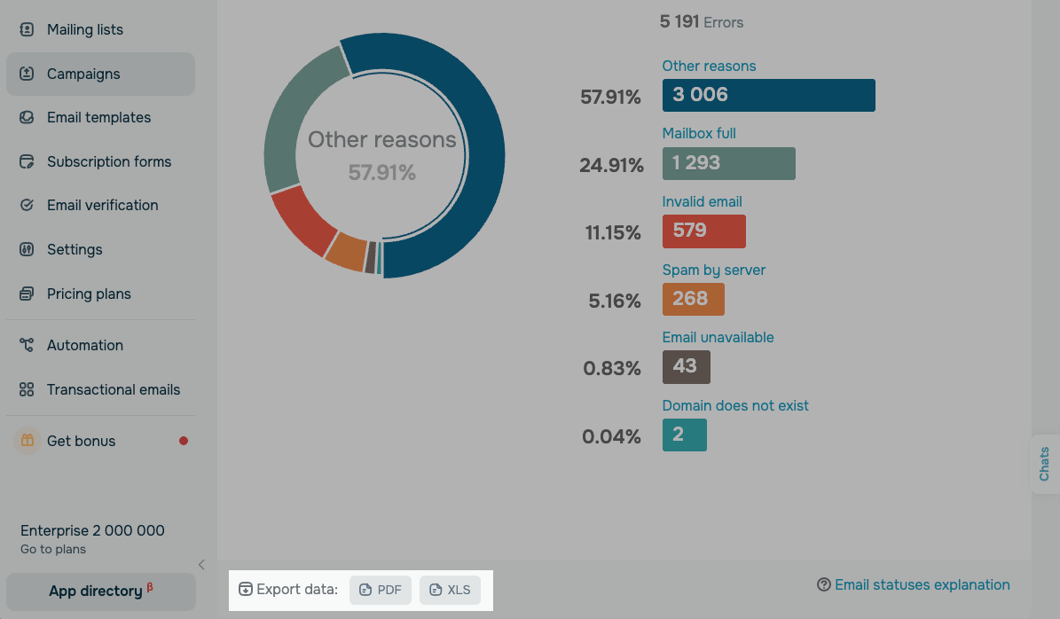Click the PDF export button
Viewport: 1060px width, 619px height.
point(381,590)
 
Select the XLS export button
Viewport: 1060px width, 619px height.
point(450,590)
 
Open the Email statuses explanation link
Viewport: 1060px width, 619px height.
point(914,584)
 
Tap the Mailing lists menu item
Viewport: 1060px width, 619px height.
point(84,29)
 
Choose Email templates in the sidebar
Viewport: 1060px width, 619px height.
point(98,117)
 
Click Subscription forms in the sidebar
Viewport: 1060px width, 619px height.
point(108,161)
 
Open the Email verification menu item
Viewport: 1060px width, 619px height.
point(102,205)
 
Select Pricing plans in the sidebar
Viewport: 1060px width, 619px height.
point(89,294)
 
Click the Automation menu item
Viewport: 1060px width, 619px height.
point(84,345)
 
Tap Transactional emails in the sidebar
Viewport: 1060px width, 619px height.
point(113,389)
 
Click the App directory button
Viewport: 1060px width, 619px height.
point(100,591)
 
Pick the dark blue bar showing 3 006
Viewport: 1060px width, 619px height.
point(768,95)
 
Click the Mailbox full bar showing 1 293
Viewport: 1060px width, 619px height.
point(728,163)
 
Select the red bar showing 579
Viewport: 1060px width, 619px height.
point(703,231)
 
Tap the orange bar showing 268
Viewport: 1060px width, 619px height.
point(693,299)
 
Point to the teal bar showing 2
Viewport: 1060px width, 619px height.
point(684,435)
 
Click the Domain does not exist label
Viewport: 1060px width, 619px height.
point(735,405)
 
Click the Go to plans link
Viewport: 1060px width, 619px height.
point(53,549)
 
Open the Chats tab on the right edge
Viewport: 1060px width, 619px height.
point(1044,464)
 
